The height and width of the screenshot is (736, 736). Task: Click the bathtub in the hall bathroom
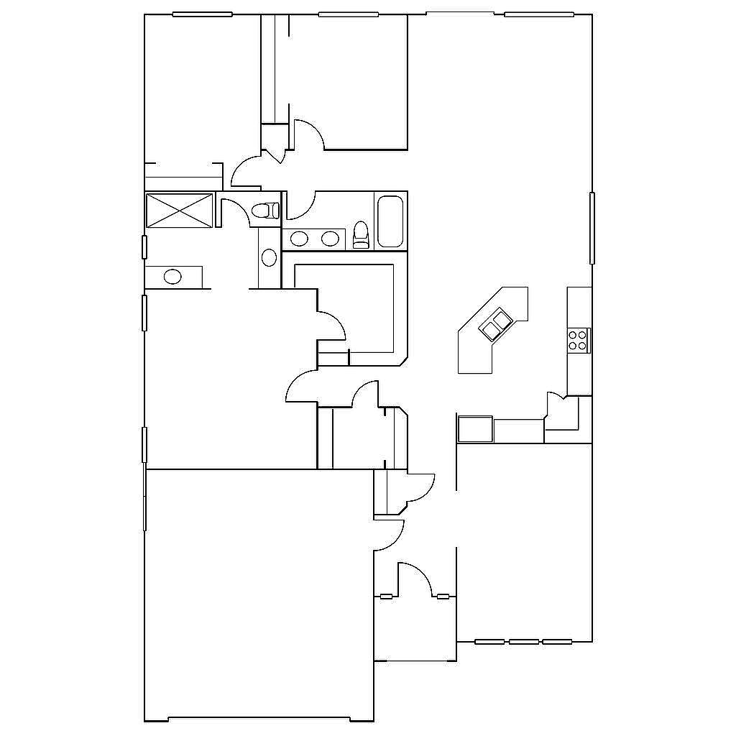390,221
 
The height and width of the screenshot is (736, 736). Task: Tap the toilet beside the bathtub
361,235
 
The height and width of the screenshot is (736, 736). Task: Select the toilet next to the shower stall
265,211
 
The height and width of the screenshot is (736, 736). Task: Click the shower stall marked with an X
180,210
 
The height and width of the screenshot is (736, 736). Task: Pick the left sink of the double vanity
300,239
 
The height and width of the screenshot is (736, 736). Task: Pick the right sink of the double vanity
329,239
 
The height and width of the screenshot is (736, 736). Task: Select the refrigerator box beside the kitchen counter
475,429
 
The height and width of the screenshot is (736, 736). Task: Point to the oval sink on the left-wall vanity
172,276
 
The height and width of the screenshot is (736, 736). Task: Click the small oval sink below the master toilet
269,257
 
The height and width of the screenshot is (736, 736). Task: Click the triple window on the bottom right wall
524,641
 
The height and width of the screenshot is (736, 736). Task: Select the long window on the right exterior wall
592,228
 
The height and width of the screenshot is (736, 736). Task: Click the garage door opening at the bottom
259,719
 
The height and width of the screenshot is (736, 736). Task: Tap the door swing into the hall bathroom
301,206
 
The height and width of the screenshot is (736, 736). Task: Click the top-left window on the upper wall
202,14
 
